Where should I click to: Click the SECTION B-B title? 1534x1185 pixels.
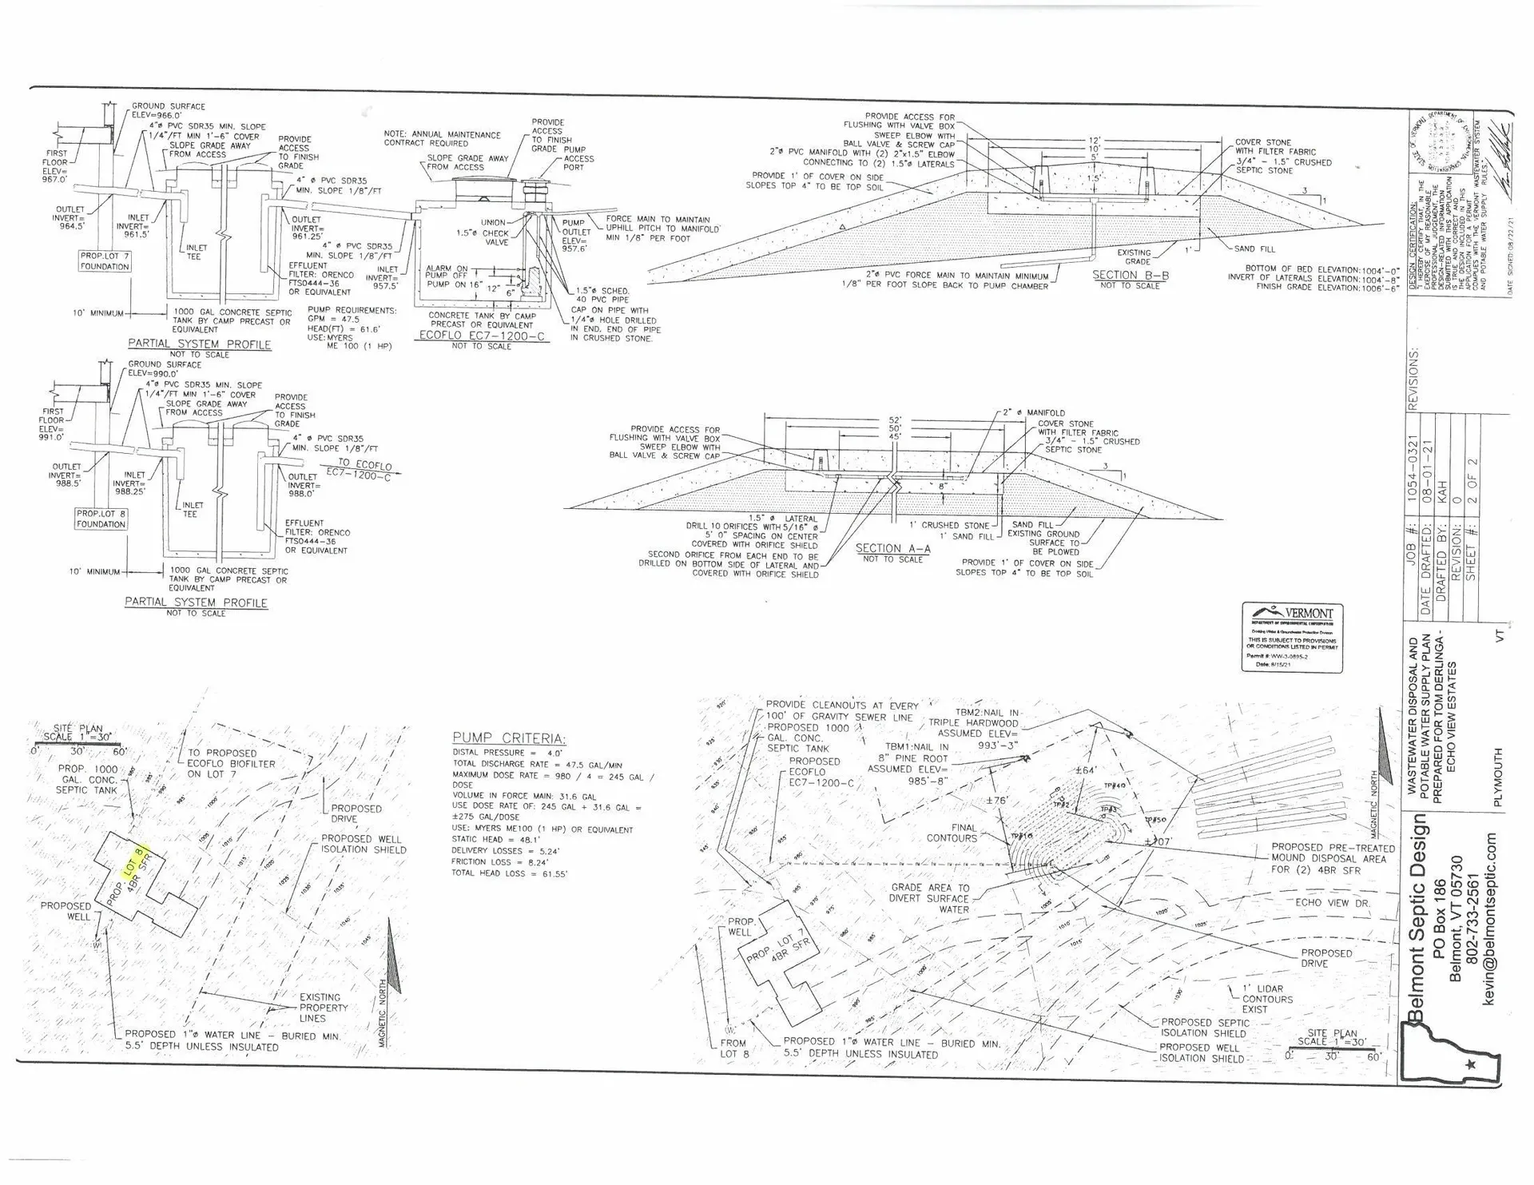[x=1130, y=275]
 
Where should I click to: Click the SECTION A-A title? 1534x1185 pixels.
[x=892, y=548]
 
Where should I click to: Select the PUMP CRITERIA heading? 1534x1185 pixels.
[x=509, y=738]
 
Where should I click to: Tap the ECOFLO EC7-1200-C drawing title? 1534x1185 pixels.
[x=482, y=336]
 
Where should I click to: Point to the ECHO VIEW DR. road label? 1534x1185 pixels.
[x=1333, y=903]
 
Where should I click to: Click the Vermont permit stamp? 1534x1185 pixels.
[x=1292, y=637]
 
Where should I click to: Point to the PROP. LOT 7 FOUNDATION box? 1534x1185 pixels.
[x=104, y=261]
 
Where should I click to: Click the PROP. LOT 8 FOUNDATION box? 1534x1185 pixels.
[x=101, y=519]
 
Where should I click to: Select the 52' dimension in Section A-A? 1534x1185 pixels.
[x=895, y=420]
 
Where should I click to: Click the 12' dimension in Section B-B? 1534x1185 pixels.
[x=1094, y=141]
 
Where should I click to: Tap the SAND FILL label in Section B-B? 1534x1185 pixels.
[x=1255, y=249]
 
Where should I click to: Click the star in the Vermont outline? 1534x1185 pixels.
[x=1471, y=1064]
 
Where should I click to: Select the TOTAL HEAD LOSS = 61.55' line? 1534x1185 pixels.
[x=510, y=874]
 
